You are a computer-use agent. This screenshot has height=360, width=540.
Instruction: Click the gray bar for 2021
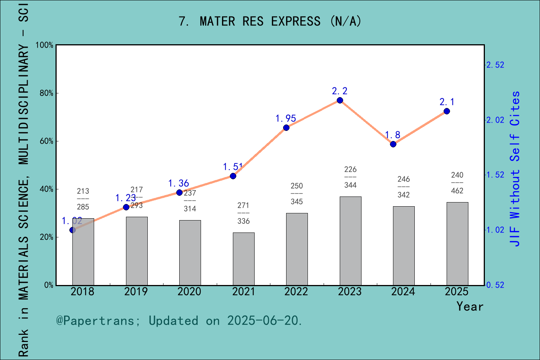(x=243, y=259)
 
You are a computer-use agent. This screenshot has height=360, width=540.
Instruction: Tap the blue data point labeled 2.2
(x=340, y=100)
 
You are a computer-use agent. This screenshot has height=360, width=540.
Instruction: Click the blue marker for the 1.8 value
(x=393, y=144)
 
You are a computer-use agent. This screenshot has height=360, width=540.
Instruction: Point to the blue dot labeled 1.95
(x=286, y=127)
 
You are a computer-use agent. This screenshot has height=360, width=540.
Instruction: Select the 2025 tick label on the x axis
(x=456, y=292)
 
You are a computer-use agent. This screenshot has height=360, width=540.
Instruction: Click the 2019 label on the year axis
(x=136, y=292)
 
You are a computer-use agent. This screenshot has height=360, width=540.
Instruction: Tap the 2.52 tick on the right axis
(x=495, y=65)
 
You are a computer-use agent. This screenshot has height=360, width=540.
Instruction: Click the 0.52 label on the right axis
(x=495, y=285)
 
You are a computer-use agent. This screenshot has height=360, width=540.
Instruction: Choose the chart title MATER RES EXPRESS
(x=270, y=21)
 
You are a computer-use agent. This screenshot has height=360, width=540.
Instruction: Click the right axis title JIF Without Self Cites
(x=516, y=169)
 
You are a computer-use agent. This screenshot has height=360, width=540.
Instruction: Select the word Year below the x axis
(x=469, y=306)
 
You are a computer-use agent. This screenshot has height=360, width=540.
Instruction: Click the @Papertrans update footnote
(x=179, y=321)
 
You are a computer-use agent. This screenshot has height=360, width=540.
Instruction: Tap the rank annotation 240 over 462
(x=457, y=183)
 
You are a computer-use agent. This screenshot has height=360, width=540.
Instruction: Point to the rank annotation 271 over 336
(x=243, y=213)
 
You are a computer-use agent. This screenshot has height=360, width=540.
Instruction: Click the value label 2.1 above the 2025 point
(x=447, y=102)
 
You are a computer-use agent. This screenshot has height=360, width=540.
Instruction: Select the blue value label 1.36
(x=178, y=183)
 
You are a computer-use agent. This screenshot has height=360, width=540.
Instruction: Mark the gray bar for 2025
(x=457, y=244)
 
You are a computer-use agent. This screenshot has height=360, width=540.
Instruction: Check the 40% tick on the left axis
(x=46, y=189)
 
